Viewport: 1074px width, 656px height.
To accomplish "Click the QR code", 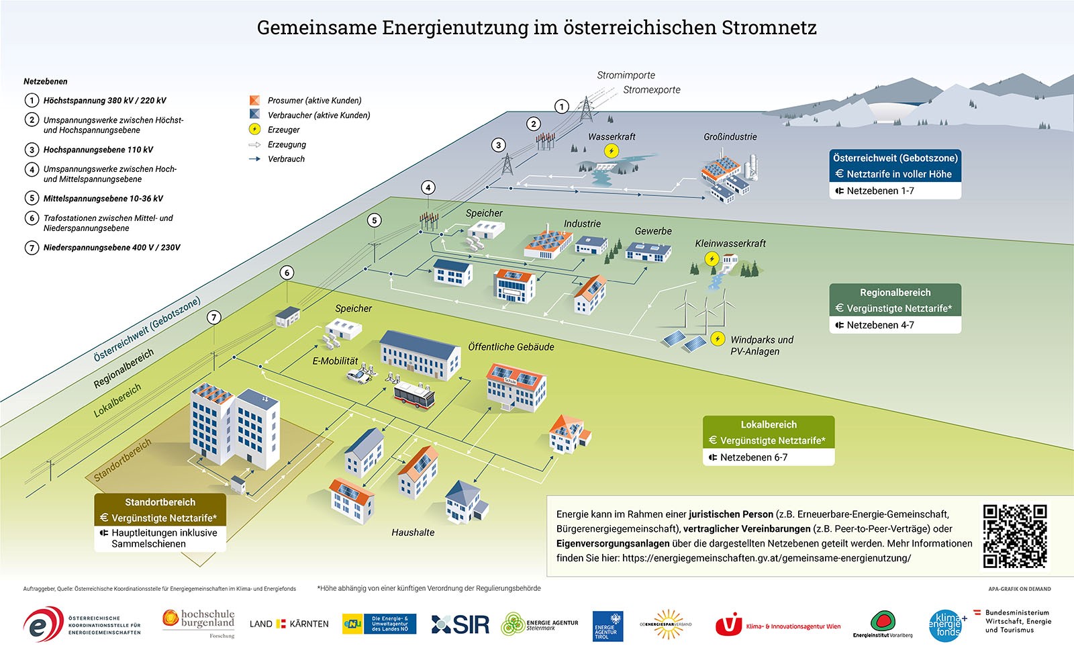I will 1014,536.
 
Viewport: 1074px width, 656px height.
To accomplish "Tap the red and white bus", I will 413,397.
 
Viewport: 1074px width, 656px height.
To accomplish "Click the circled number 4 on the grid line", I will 428,188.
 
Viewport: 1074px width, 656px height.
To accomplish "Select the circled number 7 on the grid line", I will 214,318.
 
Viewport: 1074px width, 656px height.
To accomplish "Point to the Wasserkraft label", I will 612,137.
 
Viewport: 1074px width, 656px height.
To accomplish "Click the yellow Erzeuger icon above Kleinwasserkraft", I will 712,259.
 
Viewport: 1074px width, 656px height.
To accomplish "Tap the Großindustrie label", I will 730,137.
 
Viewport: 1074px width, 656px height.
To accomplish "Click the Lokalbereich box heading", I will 769,424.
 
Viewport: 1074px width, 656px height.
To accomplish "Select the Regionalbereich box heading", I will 895,293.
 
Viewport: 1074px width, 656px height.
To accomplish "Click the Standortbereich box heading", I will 160,502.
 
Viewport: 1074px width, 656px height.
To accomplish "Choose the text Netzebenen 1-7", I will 880,191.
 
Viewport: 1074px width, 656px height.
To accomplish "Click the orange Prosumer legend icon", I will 254,100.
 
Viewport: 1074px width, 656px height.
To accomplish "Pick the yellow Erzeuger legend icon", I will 254,130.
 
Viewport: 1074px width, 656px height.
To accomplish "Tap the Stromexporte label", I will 651,90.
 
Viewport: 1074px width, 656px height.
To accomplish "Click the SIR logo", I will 460,624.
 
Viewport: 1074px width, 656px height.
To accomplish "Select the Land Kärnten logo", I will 289,624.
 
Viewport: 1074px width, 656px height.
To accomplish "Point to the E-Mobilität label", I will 335,361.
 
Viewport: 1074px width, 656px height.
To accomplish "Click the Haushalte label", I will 413,532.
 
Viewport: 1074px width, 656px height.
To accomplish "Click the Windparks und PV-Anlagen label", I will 761,345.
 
